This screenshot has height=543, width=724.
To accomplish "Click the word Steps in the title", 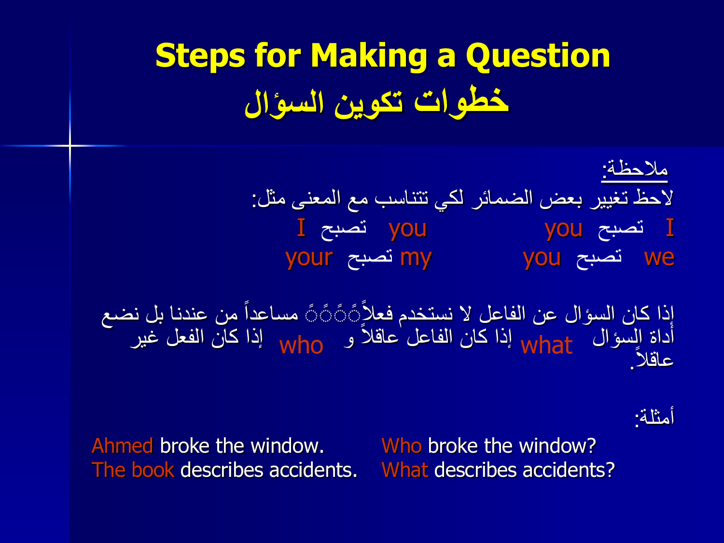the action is (200, 56).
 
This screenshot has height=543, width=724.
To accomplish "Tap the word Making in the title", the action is (369, 56).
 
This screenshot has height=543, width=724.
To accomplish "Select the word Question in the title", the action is (538, 56).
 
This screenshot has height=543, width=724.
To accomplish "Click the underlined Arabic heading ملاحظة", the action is (634, 169).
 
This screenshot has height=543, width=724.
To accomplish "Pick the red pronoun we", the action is (659, 257).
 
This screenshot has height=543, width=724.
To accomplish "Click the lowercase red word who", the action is (301, 346).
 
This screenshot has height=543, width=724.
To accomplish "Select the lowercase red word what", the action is (546, 346).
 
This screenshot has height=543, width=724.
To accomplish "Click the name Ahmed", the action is (123, 446).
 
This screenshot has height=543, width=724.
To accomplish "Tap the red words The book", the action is (133, 470).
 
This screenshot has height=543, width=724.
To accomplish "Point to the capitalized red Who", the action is (402, 446).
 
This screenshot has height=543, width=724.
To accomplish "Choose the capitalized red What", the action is (404, 470).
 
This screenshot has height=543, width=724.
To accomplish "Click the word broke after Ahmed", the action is (185, 446).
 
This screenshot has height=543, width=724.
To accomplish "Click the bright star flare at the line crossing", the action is (70, 145).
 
